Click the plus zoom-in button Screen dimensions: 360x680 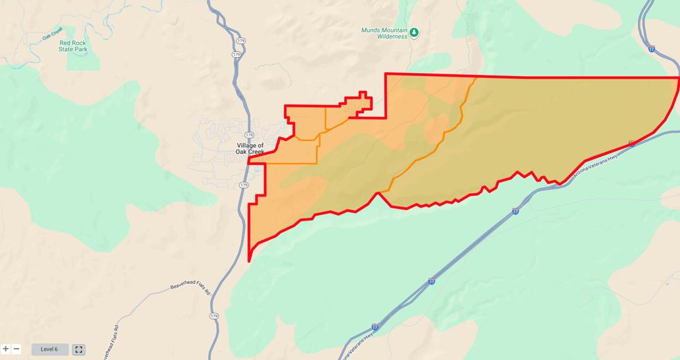6,349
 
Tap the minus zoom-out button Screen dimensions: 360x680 16,349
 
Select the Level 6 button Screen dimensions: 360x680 49,349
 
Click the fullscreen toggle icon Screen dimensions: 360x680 79,349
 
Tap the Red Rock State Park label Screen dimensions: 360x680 72,46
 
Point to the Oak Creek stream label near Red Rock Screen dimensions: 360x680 52,34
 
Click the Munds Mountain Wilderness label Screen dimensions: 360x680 384,33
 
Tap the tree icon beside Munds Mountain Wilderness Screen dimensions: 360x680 414,32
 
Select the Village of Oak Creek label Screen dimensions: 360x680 250,149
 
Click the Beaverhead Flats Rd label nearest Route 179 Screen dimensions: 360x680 190,288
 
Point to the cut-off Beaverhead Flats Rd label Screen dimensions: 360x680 110,342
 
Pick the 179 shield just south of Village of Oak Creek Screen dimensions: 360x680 244,185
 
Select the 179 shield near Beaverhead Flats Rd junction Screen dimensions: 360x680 214,316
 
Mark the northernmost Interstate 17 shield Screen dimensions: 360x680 651,48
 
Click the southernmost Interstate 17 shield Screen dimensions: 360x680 374,326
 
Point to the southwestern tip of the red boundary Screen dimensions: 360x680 249,260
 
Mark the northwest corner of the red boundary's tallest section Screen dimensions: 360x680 386,74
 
